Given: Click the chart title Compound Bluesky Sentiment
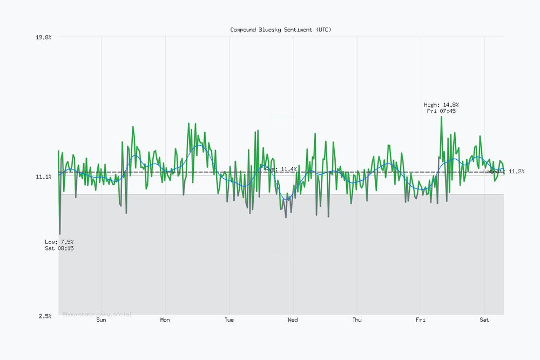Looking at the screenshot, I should pyautogui.click(x=281, y=30).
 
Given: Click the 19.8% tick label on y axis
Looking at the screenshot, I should pyautogui.click(x=44, y=37).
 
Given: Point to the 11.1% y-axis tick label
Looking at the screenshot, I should pyautogui.click(x=44, y=176).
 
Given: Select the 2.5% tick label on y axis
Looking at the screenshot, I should pyautogui.click(x=45, y=316).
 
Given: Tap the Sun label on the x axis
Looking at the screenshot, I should pyautogui.click(x=101, y=320).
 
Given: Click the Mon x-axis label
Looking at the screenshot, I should pyautogui.click(x=165, y=320).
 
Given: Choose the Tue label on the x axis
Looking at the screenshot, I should pyautogui.click(x=229, y=320).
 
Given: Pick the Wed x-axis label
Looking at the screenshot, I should pyautogui.click(x=293, y=320).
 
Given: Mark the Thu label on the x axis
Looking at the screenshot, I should pyautogui.click(x=357, y=320).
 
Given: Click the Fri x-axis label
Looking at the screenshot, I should pyautogui.click(x=421, y=320).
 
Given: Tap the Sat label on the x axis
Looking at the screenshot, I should pyautogui.click(x=484, y=320).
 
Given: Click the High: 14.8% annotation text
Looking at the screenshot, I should pyautogui.click(x=441, y=105).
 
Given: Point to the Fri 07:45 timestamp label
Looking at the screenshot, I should pyautogui.click(x=441, y=111).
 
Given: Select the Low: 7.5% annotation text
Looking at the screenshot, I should pyautogui.click(x=59, y=242).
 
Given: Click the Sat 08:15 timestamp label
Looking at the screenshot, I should pyautogui.click(x=59, y=248).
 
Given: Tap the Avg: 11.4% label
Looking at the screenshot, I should pyautogui.click(x=281, y=169).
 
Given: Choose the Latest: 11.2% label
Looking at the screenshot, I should pyautogui.click(x=504, y=171).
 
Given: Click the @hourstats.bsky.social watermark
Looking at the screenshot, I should pyautogui.click(x=97, y=314).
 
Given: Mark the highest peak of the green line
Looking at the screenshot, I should pyautogui.click(x=441, y=117).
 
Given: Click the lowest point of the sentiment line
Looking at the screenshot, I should pyautogui.click(x=59, y=234).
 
